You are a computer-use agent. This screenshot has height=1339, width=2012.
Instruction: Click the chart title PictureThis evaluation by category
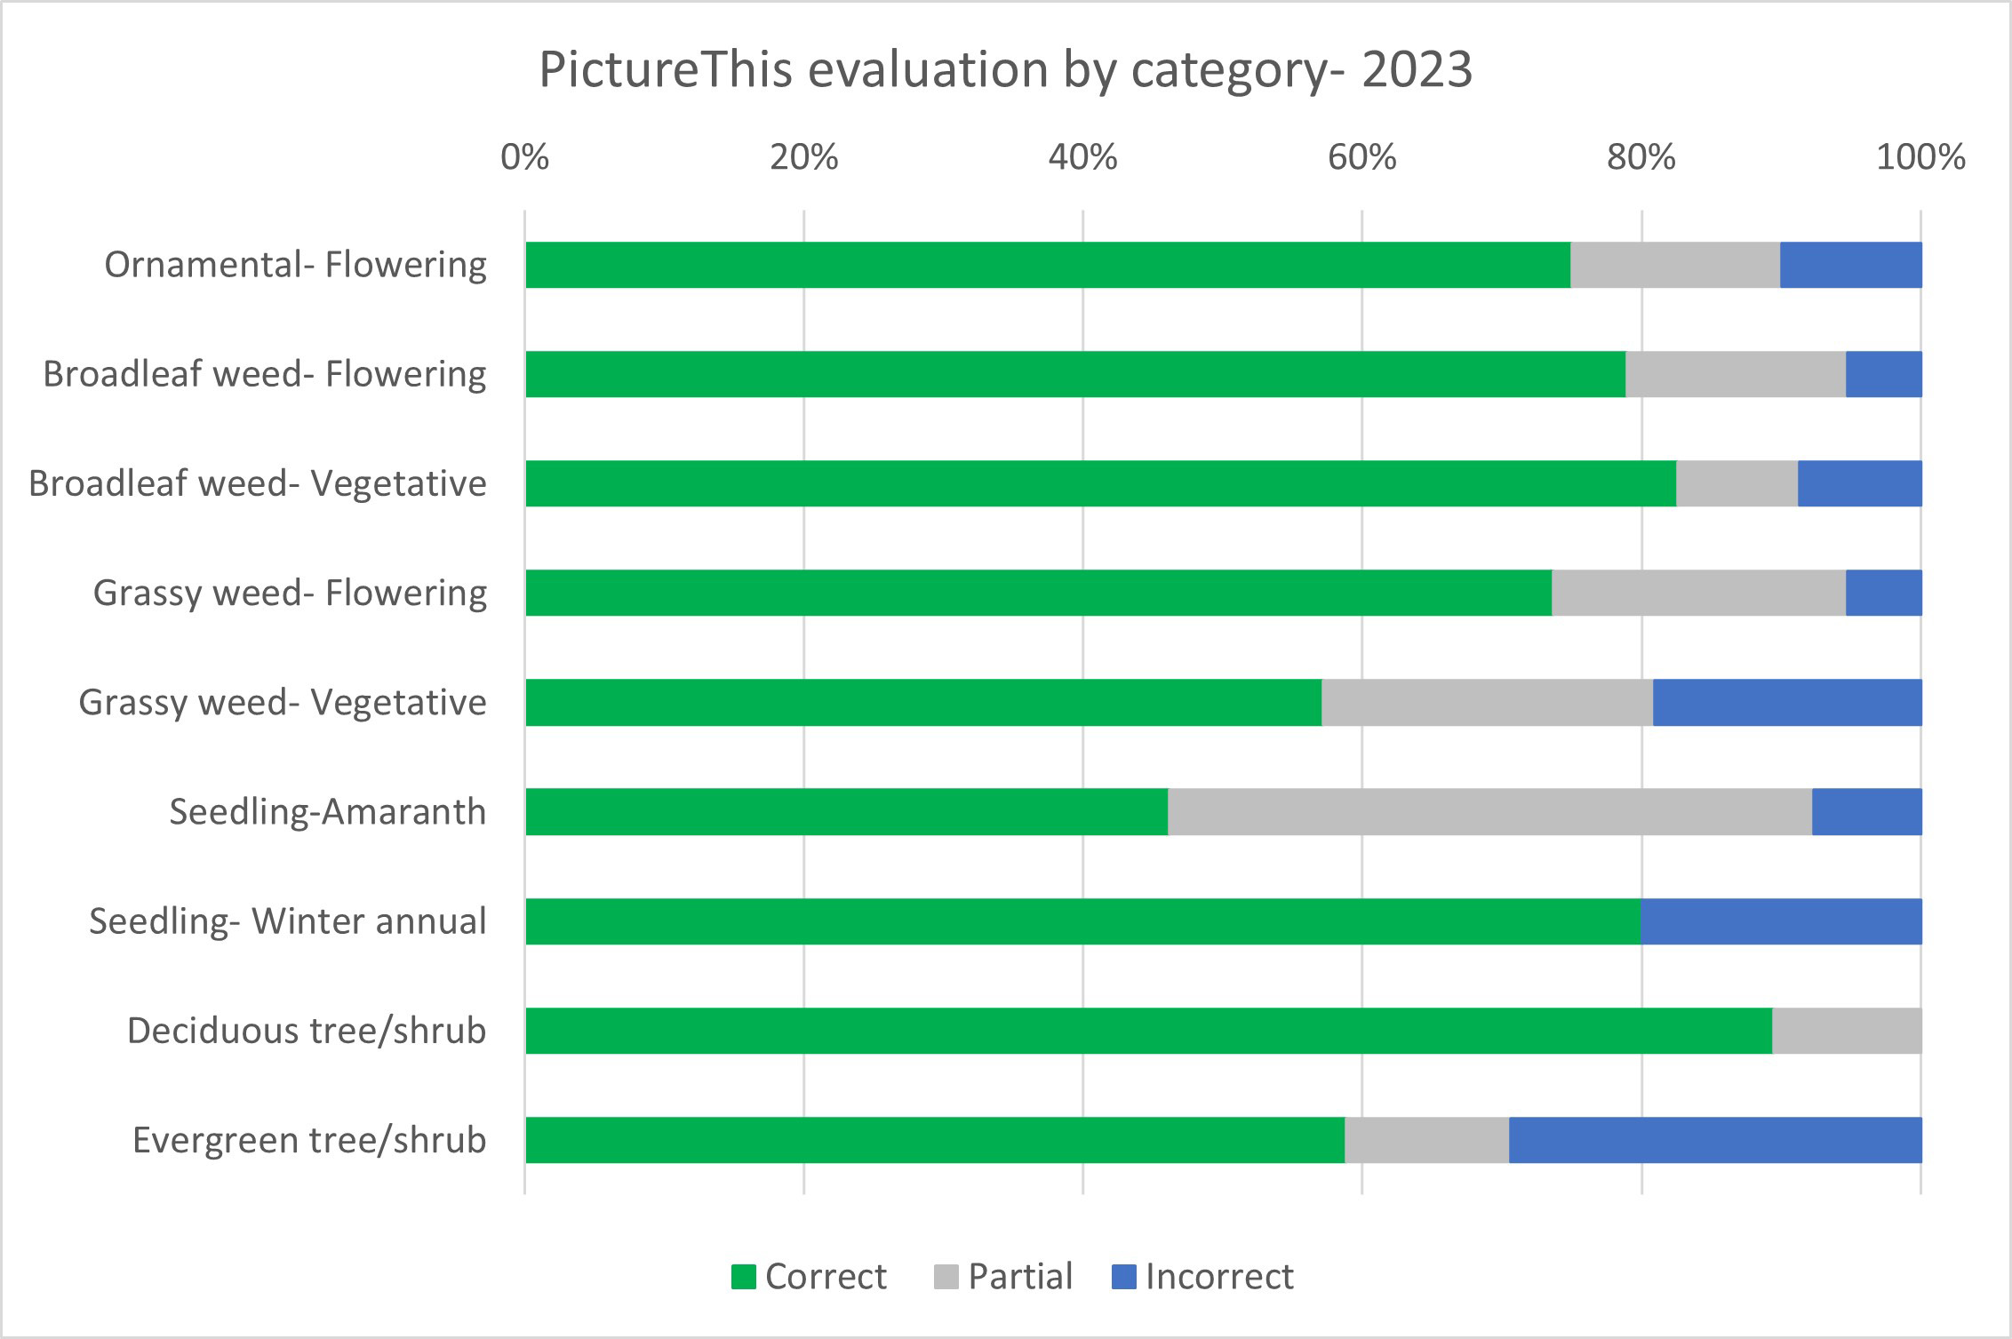click(x=1005, y=70)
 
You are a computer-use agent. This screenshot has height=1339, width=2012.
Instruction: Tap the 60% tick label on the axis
click(x=1361, y=157)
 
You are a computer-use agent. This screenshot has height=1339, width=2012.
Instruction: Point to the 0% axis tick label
click(x=524, y=157)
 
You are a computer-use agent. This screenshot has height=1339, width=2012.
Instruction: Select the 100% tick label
click(x=1920, y=157)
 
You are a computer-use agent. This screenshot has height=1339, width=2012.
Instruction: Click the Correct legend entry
click(x=809, y=1277)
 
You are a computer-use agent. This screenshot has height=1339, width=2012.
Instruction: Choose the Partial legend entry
click(x=1004, y=1277)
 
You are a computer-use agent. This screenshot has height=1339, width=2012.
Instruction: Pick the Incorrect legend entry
click(x=1203, y=1277)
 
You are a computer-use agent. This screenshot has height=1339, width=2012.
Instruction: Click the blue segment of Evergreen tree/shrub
click(x=1715, y=1140)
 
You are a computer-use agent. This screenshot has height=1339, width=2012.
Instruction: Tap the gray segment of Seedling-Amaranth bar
click(x=1489, y=811)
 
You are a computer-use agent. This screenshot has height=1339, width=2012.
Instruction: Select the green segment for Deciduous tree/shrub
click(x=1148, y=1031)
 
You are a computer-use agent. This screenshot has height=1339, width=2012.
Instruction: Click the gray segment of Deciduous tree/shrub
click(x=1847, y=1031)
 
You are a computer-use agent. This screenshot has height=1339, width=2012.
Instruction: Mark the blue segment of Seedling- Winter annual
click(x=1781, y=921)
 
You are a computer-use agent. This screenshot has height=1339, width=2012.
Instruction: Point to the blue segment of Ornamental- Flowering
click(x=1850, y=265)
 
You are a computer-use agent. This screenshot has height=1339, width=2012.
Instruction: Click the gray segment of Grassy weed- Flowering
click(x=1698, y=593)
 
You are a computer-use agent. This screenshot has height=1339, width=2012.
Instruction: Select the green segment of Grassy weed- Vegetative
click(x=922, y=702)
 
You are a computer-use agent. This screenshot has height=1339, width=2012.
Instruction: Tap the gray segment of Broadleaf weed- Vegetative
click(x=1737, y=483)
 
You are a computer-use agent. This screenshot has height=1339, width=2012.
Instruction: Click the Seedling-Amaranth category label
click(x=327, y=811)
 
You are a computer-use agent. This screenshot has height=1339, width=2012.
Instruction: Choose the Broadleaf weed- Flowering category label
click(x=264, y=374)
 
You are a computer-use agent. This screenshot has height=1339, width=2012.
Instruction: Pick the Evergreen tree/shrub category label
click(x=308, y=1140)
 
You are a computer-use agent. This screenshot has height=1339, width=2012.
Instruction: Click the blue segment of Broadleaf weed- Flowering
click(x=1883, y=374)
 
